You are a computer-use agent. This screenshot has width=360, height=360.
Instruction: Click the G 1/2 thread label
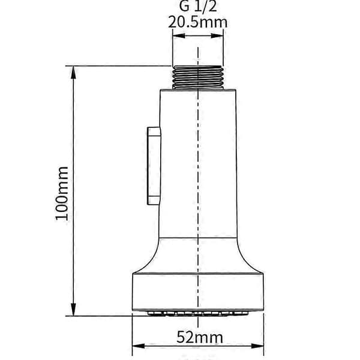(x=197, y=6)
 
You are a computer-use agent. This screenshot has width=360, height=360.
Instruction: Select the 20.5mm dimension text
(x=197, y=22)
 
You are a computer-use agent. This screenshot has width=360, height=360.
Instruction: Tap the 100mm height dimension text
(x=62, y=193)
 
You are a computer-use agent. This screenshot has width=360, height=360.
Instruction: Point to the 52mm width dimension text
(x=200, y=337)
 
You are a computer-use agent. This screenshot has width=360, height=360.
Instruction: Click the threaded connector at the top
(x=197, y=77)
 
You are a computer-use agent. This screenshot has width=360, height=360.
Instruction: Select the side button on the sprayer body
(x=154, y=166)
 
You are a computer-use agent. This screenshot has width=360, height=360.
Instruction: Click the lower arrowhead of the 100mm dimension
(x=73, y=310)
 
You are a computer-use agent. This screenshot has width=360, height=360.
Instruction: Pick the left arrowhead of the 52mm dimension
(x=139, y=346)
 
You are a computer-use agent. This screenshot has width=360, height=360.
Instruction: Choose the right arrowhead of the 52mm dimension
(x=257, y=346)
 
